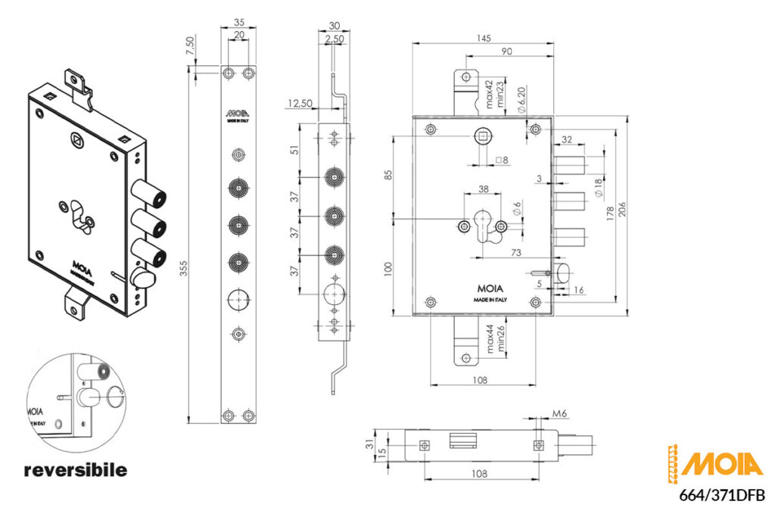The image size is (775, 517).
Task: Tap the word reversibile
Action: click(76, 470)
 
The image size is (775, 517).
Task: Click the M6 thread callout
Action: click(561, 415)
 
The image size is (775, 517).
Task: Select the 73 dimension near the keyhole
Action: click(516, 252)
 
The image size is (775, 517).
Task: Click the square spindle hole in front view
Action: click(484, 136)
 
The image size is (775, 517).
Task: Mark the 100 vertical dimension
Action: click(389, 268)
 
